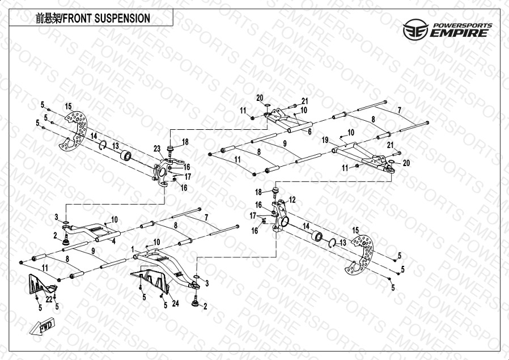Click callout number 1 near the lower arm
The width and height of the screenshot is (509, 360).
tap(132, 249)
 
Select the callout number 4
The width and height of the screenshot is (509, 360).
tap(113, 241)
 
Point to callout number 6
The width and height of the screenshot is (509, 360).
tap(309, 131)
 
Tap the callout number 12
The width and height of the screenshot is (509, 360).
tap(292, 200)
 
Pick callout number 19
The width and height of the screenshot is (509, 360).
tap(325, 139)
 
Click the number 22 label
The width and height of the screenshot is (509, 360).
tap(49, 299)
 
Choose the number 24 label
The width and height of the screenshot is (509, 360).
tap(176, 303)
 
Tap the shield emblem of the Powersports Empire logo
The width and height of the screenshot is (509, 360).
tap(414, 30)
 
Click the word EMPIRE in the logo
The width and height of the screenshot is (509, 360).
tap(459, 33)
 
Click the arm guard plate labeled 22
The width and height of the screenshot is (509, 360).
tap(43, 286)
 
